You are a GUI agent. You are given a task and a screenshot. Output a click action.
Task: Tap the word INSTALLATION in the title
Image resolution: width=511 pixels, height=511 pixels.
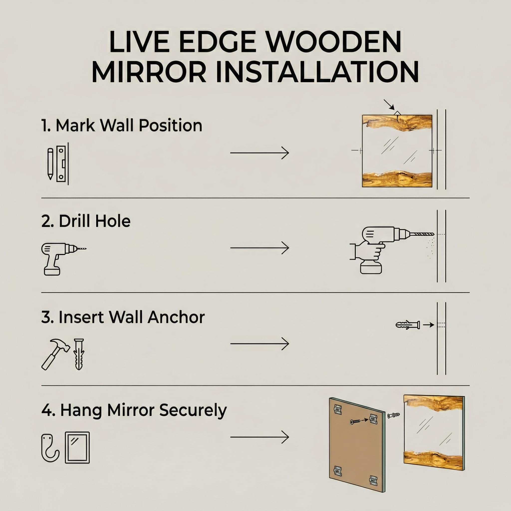point(317,72)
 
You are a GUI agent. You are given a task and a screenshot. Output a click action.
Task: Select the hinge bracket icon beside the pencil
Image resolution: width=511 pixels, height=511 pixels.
point(61,164)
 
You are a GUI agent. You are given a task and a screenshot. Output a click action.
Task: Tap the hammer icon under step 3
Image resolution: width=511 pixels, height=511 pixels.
point(56,354)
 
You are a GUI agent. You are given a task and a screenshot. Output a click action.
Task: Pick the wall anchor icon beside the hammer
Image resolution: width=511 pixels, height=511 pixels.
point(79,354)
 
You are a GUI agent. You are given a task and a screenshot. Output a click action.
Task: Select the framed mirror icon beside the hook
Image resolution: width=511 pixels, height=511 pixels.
point(77,448)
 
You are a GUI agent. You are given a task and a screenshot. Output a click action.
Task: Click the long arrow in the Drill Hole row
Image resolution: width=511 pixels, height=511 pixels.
point(259,248)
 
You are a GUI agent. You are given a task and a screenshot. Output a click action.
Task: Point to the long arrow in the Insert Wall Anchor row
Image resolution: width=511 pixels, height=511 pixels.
point(259,344)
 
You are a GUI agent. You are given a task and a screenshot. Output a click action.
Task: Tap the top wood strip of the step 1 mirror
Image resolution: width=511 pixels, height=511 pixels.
point(397,123)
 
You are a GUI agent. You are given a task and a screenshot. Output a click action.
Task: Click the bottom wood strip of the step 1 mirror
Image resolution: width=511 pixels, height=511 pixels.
point(397,179)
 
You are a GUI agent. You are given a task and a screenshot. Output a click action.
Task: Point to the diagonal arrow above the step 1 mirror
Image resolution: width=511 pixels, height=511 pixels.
point(389,105)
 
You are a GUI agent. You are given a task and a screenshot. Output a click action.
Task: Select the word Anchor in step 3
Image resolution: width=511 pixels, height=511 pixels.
point(176,317)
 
